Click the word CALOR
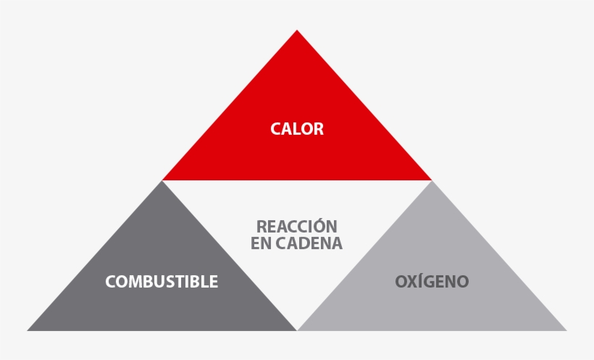tap(297, 129)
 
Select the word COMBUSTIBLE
tap(162, 282)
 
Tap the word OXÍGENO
tap(432, 281)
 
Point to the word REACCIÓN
tap(296, 226)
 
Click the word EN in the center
tap(262, 243)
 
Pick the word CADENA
tap(309, 243)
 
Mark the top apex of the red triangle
tap(297, 30)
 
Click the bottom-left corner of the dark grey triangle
tap(27, 331)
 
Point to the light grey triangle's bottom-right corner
tap(566, 331)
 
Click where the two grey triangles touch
tap(297, 330)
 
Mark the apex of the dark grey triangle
tap(162, 181)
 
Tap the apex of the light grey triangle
tap(432, 181)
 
